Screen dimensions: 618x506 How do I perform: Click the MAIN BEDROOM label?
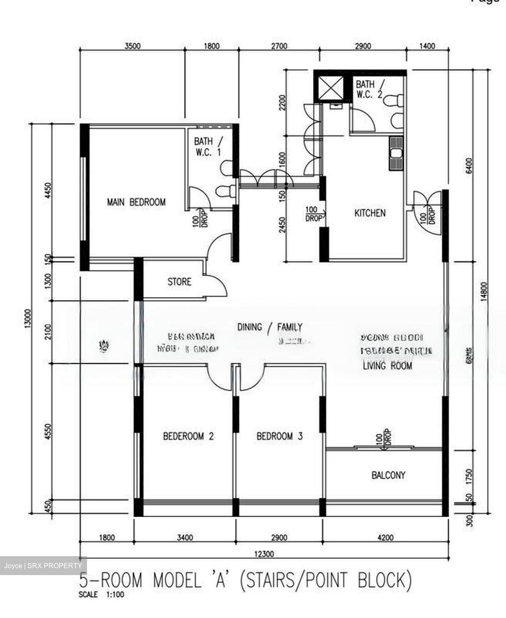click(136, 202)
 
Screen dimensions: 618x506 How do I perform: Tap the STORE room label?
click(179, 282)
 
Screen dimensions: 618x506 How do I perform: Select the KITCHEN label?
click(370, 213)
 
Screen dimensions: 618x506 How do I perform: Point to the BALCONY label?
click(388, 475)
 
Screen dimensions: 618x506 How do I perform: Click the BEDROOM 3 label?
click(280, 436)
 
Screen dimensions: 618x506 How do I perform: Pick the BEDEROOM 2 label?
click(188, 436)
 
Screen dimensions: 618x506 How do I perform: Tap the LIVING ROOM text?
click(387, 366)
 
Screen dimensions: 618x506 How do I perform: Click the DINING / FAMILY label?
click(270, 327)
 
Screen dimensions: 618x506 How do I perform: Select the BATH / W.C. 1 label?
click(208, 146)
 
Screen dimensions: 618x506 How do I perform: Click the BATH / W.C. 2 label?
click(369, 89)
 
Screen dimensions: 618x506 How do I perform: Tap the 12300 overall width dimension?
click(263, 554)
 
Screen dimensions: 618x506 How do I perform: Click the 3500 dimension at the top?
click(133, 46)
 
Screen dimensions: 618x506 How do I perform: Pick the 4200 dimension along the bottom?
click(385, 537)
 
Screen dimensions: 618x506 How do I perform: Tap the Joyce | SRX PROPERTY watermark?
click(43, 566)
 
